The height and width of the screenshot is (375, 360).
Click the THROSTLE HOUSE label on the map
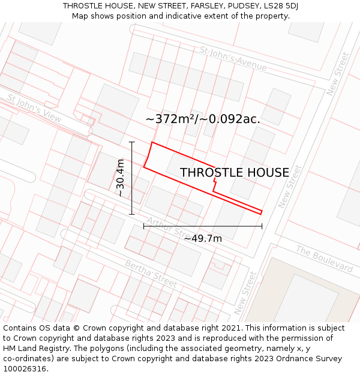coord(234,173)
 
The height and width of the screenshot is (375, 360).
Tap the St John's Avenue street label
coord(233,59)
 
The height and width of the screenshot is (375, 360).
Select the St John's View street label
coord(34,108)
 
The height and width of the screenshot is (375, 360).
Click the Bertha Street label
coord(151,273)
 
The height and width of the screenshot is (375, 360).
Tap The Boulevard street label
coord(324,259)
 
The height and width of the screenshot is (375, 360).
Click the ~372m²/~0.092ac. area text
coord(203,119)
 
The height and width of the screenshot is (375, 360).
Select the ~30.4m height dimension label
coord(121,178)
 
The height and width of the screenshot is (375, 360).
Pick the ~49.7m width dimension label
coord(203,239)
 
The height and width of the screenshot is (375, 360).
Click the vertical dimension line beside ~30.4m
coord(131,178)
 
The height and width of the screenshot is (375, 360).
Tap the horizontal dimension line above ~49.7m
coord(203,226)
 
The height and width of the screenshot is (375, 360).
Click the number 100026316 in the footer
coord(25,369)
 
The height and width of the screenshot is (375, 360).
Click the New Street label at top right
coord(338,74)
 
